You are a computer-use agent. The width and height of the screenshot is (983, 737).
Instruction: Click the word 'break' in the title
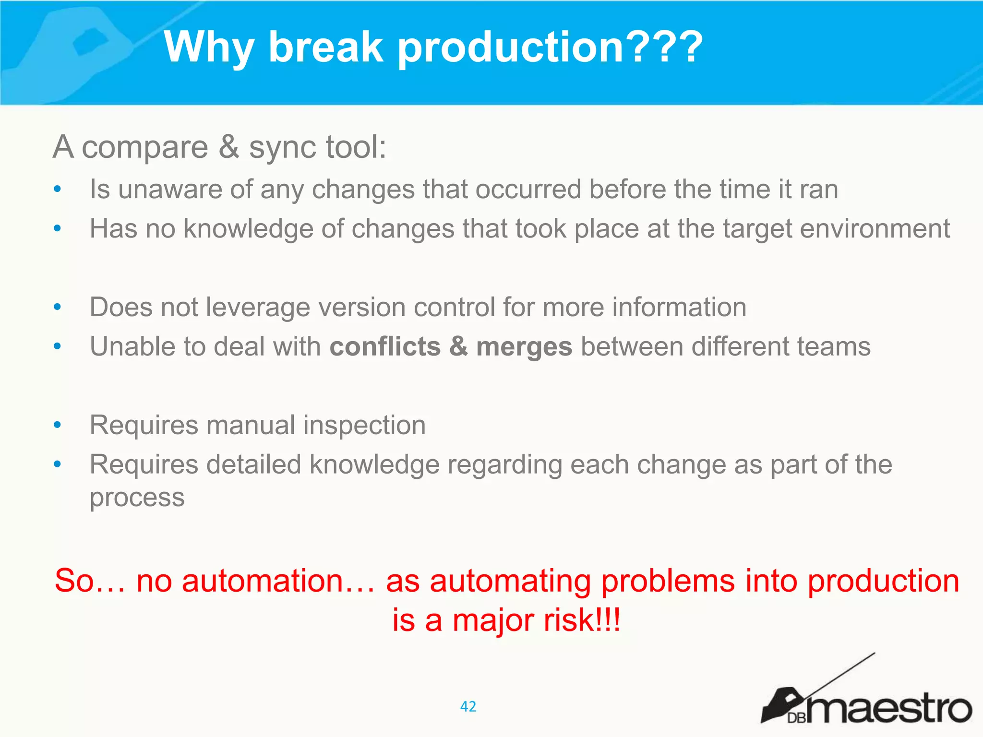point(325,47)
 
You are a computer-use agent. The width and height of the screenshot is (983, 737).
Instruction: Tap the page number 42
point(468,706)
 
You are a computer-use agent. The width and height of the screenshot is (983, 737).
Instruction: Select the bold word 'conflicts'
point(385,346)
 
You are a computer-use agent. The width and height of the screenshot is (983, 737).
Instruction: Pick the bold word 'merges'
point(524,347)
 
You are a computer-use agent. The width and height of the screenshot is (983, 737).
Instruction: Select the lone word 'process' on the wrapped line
point(137,498)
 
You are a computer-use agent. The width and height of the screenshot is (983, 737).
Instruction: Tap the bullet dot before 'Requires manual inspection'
point(58,425)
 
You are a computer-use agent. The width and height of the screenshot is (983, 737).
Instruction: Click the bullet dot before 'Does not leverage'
point(58,307)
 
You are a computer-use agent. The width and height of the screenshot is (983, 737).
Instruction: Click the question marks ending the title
point(665,47)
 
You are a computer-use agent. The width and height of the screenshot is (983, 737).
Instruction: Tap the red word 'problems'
point(668,582)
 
